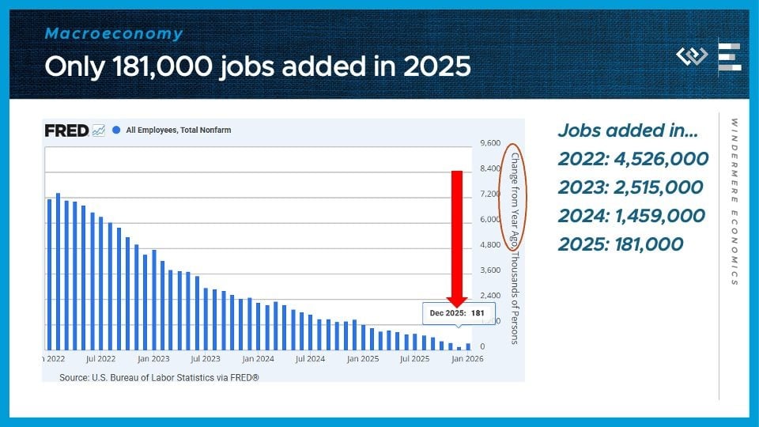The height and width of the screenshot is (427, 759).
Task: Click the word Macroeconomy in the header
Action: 114,34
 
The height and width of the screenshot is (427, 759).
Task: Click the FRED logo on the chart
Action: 66,130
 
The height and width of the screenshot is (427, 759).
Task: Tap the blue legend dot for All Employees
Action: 116,130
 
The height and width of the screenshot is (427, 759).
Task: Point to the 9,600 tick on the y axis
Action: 490,143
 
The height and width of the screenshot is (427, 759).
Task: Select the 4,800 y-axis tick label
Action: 490,245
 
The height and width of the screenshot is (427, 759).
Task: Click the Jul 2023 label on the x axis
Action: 206,359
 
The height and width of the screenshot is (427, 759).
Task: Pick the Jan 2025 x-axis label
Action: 363,359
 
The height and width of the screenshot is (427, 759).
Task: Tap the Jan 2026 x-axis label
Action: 466,359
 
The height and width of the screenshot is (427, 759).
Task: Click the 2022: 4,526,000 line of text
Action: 632,159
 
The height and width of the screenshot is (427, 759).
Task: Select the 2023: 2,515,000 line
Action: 630,187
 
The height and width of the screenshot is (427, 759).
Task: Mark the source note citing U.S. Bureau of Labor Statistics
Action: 159,378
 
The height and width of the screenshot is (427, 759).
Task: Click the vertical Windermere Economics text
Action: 734,202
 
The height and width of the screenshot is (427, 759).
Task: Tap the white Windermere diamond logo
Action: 692,57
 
